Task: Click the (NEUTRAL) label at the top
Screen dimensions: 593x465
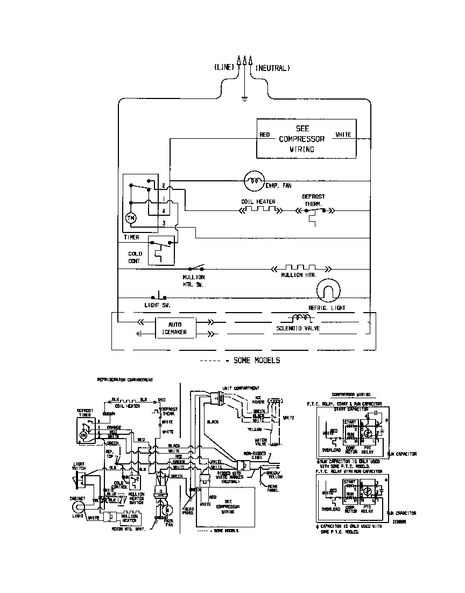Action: tap(273, 68)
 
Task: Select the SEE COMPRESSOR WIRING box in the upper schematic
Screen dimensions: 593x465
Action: tap(305, 139)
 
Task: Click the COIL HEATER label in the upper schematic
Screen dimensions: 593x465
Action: tap(258, 202)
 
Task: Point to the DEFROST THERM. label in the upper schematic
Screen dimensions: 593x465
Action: tap(313, 200)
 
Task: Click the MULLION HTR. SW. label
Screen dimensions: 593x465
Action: tap(194, 280)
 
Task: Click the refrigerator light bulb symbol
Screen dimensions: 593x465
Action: tap(328, 291)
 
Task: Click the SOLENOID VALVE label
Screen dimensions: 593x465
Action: tap(298, 328)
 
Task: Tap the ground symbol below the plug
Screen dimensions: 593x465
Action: tap(244, 99)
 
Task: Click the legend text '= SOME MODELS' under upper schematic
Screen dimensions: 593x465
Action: tap(255, 360)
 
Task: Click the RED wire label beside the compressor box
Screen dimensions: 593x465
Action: tap(264, 135)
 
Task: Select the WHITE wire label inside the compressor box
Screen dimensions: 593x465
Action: tap(343, 135)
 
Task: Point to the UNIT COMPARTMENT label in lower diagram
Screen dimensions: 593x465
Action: tap(241, 388)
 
